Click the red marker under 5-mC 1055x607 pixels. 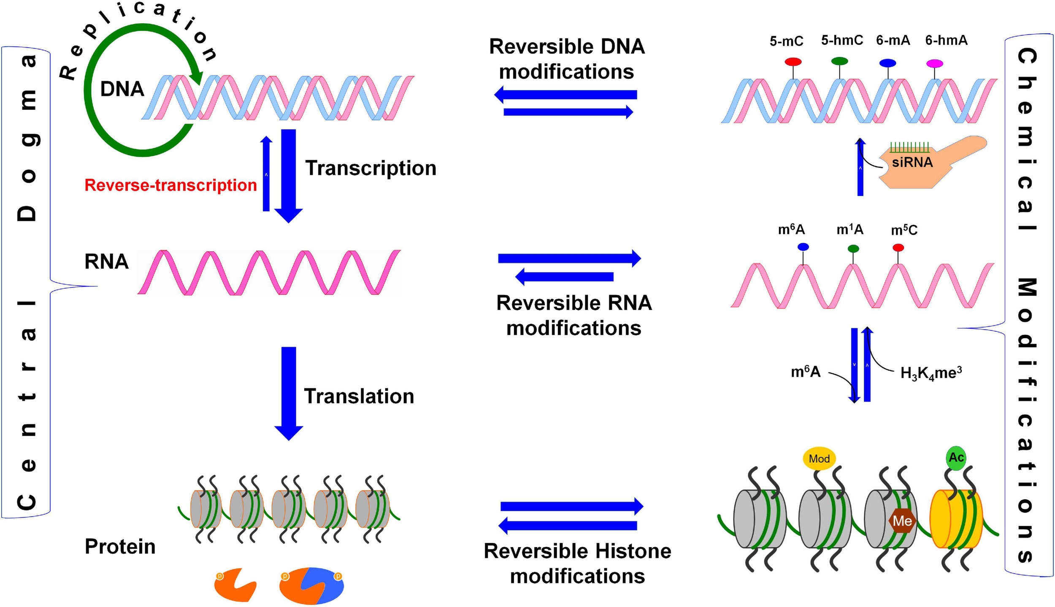coord(793,62)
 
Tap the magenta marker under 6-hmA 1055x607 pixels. coord(934,64)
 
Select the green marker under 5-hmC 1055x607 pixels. coord(839,61)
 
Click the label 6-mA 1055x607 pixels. coord(893,41)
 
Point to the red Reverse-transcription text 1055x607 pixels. coord(170,185)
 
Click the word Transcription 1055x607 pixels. coord(371,168)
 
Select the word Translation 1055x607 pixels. coord(359,396)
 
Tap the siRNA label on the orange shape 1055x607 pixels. coord(912,163)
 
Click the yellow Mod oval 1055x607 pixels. coord(819,458)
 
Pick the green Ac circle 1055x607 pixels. coord(956,458)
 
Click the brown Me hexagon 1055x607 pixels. coord(902,521)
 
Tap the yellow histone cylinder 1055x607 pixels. coord(956,519)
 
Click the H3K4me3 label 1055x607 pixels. coord(931,373)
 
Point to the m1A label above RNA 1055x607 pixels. coord(849,230)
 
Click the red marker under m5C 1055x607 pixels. coord(898,247)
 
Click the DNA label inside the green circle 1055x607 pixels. coord(122,89)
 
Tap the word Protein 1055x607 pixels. coord(120,547)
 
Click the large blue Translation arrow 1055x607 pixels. coord(289,393)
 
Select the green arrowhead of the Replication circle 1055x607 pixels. coord(196,78)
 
